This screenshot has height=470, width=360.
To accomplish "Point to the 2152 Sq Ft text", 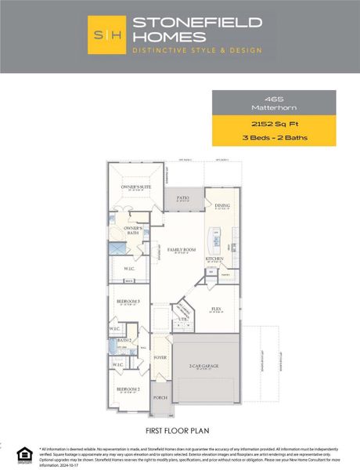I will point(274,124).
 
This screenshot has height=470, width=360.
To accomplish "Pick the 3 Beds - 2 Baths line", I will point(274,138).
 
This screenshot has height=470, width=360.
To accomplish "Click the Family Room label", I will point(181,250).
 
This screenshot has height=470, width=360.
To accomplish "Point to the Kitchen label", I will point(214,258).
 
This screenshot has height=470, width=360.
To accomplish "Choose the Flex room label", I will point(216,309).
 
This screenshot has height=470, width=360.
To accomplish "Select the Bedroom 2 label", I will point(128,389).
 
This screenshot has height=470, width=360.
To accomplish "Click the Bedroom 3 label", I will point(129,301).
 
